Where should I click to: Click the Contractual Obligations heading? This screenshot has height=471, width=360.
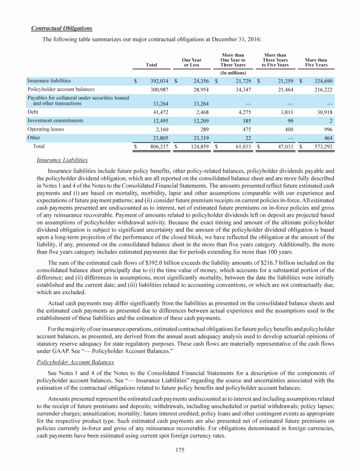tap(61, 29)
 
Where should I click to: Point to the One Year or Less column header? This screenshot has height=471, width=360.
tap(192, 62)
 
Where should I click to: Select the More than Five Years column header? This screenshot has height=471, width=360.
tap(316, 62)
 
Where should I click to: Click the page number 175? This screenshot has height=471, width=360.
tap(180, 451)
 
